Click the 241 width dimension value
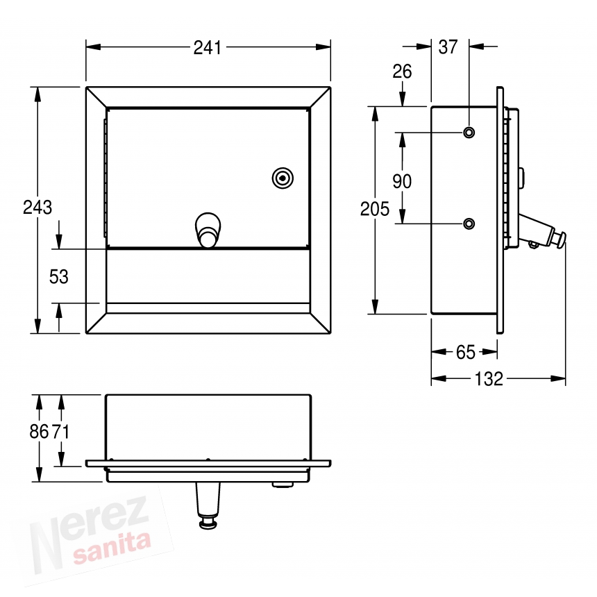[207, 48]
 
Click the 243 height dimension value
[37, 208]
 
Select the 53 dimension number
[58, 277]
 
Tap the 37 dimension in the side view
[448, 47]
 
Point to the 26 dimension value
[402, 72]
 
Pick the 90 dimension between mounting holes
[402, 181]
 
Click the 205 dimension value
[375, 210]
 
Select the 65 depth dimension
[466, 353]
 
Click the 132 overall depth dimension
[489, 379]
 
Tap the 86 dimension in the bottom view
[39, 432]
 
